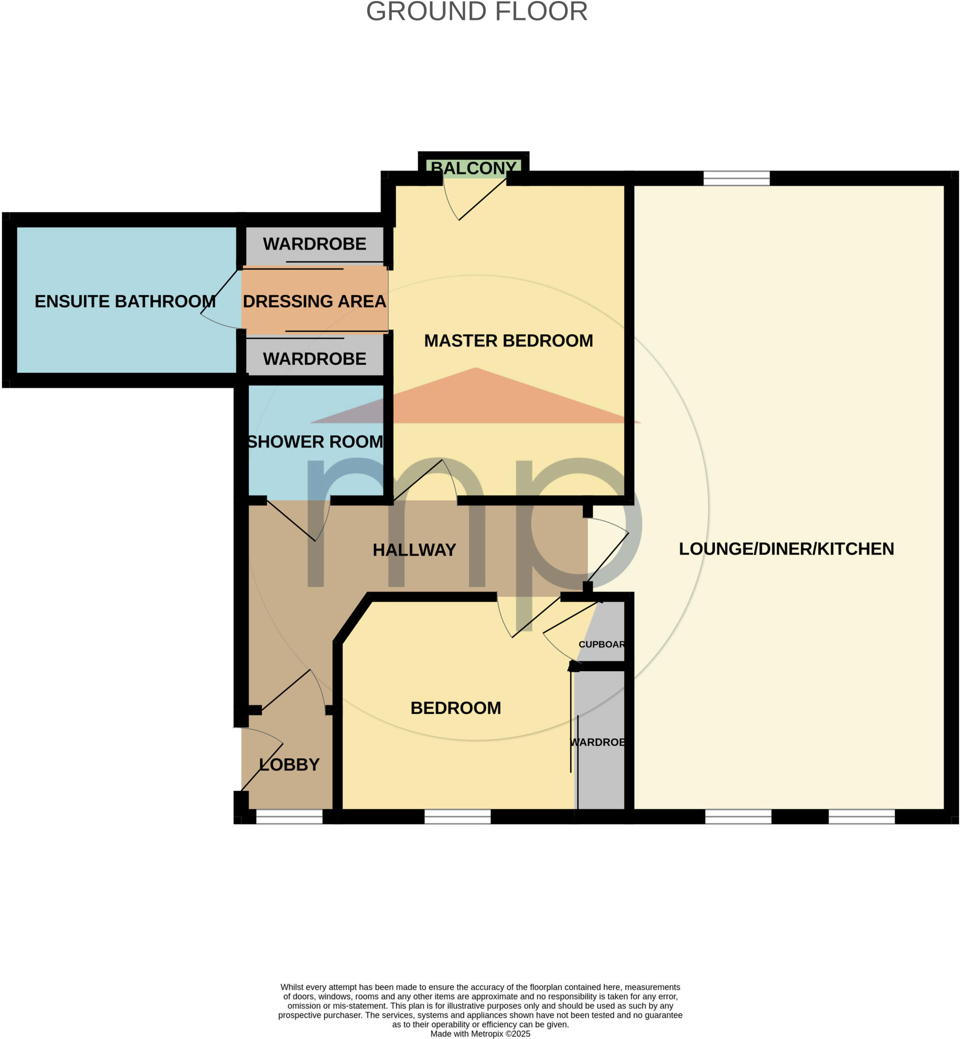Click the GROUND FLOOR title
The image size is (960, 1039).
[476, 12]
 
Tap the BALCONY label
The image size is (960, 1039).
[474, 168]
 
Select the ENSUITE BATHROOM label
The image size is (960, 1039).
[125, 301]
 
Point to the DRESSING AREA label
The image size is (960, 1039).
[314, 301]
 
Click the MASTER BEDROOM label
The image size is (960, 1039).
[508, 341]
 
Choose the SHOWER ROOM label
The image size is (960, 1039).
[315, 441]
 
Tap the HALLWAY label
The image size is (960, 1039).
[414, 549]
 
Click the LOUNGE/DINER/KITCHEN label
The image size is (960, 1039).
[786, 548]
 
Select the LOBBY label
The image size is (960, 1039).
[289, 765]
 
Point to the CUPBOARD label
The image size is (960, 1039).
[602, 644]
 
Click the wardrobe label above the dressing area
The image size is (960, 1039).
[314, 244]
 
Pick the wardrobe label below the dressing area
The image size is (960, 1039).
[314, 359]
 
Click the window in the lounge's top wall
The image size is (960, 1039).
[736, 178]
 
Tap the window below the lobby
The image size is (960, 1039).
[289, 817]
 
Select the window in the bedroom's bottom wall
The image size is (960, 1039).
[457, 817]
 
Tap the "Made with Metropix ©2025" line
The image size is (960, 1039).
[480, 1034]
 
